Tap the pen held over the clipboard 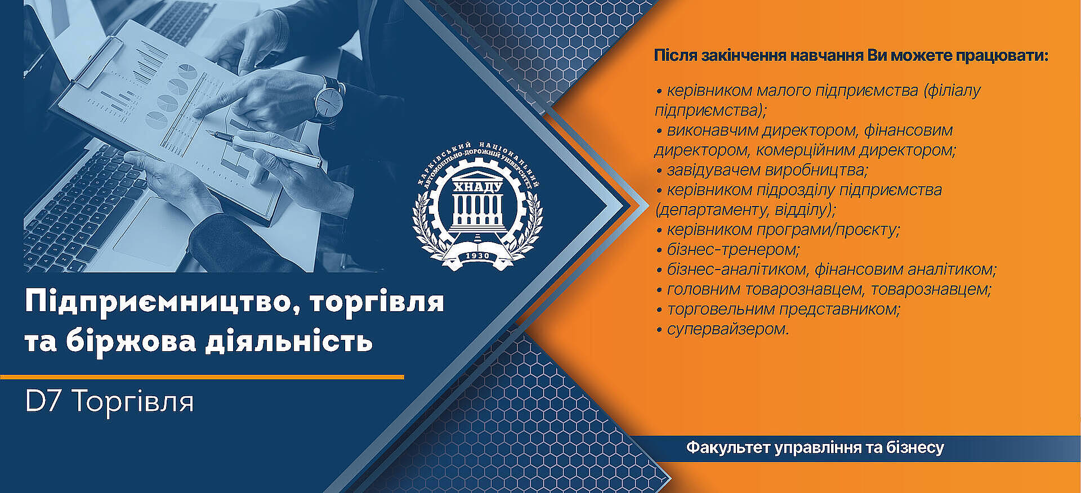click(265, 149)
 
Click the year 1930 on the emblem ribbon click(477, 256)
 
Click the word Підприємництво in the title click(155, 302)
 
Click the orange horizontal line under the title click(202, 377)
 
